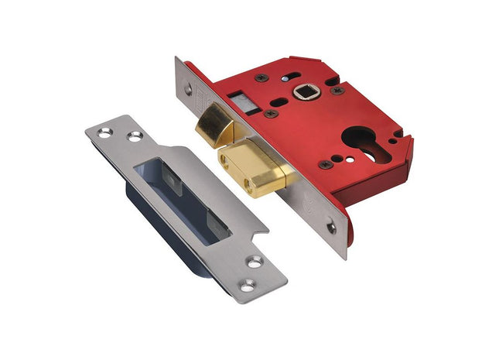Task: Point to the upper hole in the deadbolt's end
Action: point(226,163)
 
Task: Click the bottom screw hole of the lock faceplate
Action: point(332,227)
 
